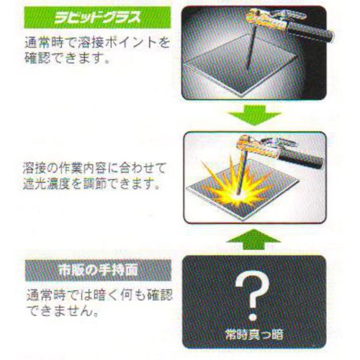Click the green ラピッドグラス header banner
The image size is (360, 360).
[97, 17]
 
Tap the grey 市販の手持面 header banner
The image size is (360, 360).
[98, 270]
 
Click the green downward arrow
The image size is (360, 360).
[254, 115]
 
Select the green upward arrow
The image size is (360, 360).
[254, 239]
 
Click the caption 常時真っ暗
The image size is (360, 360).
[254, 334]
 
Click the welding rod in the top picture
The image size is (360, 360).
[251, 49]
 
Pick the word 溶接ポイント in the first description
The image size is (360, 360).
[116, 42]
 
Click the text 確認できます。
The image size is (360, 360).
[68, 58]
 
